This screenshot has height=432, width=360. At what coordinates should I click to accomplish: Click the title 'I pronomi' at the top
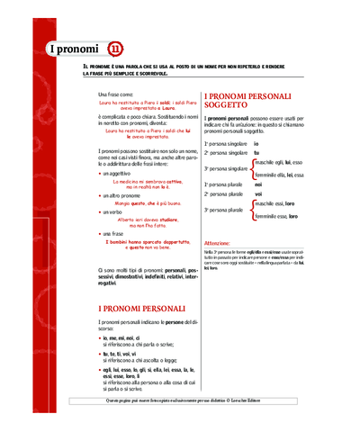pos(71,48)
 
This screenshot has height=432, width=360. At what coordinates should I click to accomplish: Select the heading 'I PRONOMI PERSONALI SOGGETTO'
pos(248,101)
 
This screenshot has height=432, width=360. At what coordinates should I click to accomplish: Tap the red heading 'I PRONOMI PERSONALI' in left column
pos(141,308)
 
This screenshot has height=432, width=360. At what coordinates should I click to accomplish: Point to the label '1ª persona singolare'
pos(225,143)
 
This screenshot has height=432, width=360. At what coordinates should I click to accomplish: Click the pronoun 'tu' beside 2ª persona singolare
pos(256,153)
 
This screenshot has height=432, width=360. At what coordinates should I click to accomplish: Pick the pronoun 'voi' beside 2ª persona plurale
pos(258,193)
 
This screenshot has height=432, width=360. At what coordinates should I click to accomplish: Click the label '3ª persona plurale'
pos(223,210)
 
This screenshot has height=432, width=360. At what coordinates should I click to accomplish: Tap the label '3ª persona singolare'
pos(225,168)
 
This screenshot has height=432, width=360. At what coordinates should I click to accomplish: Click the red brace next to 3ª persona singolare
pos(252,168)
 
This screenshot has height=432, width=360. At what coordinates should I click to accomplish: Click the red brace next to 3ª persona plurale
pos(252,210)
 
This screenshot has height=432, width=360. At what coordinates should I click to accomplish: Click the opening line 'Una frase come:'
pos(114,94)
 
